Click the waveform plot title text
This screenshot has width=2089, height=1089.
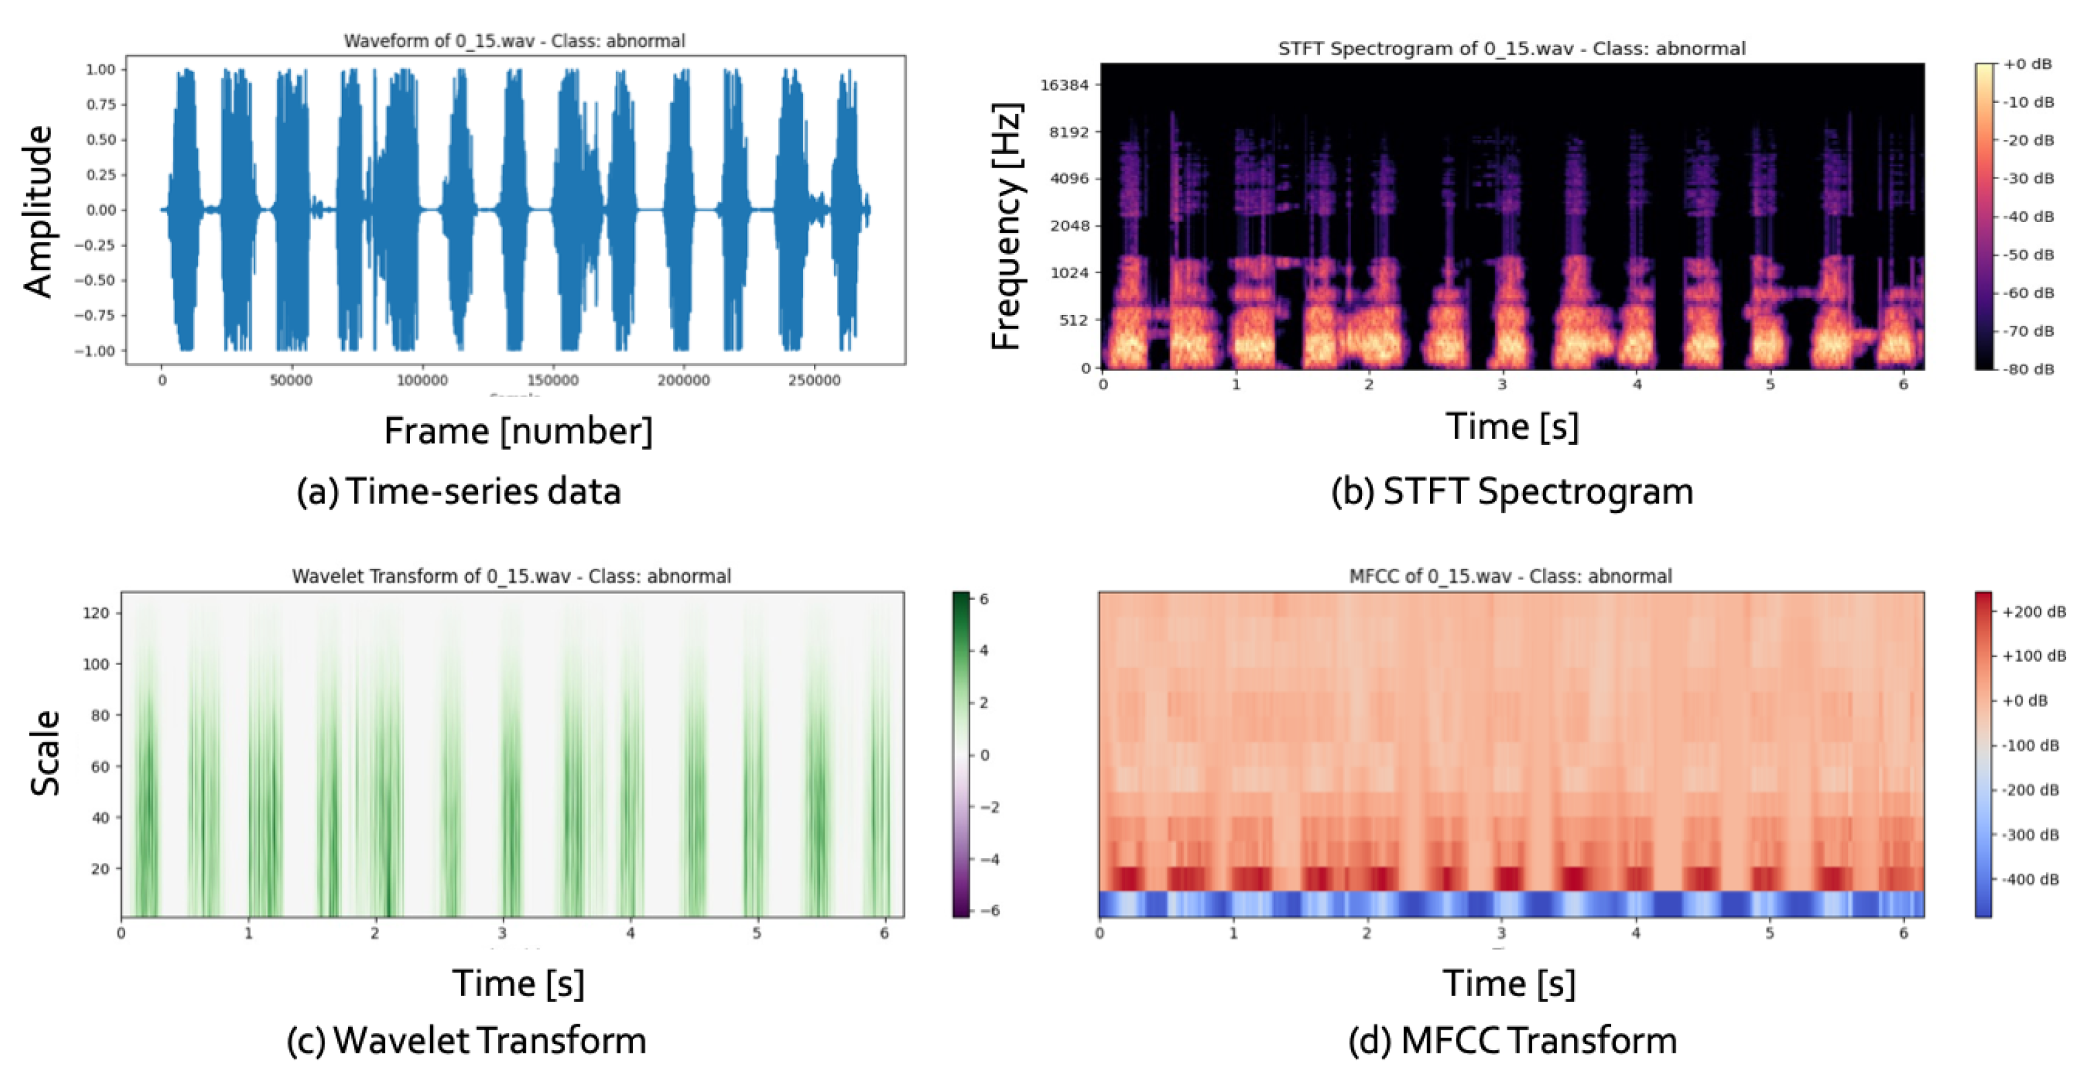(514, 40)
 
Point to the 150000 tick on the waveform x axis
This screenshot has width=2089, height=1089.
(552, 380)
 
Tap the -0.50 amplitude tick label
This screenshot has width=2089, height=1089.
(96, 281)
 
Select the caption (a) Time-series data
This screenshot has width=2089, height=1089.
(459, 491)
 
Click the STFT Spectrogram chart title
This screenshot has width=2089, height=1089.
(1511, 48)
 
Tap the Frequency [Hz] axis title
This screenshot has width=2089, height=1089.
(1006, 226)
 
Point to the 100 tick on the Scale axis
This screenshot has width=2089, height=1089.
(96, 664)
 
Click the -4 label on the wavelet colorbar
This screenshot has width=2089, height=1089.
(988, 859)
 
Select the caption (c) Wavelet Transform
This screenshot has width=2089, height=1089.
(467, 1041)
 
